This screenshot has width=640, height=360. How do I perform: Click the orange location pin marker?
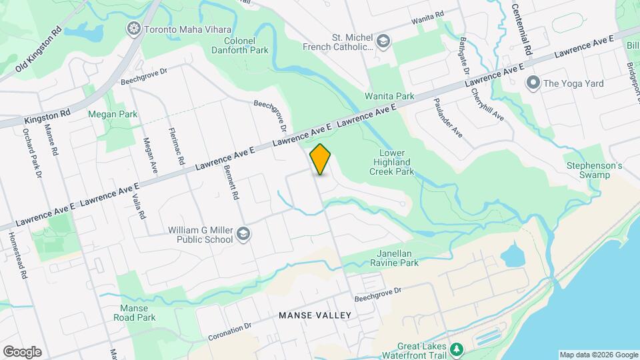tap(321, 159)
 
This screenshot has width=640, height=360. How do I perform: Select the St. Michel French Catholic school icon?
tap(383, 41)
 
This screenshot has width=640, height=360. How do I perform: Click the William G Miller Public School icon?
tap(243, 233)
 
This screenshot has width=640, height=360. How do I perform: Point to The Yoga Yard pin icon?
tap(533, 83)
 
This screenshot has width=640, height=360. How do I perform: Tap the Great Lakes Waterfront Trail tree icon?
tap(457, 349)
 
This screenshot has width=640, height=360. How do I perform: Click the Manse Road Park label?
tap(138, 313)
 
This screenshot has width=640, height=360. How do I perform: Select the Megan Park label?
tap(113, 114)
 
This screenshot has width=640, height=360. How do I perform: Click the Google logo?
tap(21, 352)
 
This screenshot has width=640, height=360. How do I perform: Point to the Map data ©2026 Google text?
tap(598, 355)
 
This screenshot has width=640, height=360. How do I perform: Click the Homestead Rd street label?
tap(16, 255)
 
